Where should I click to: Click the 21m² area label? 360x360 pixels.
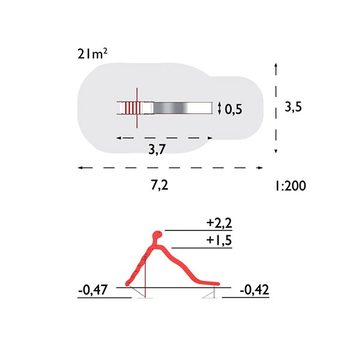pyautogui.click(x=92, y=54)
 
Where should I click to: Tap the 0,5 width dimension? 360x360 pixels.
pyautogui.click(x=233, y=109)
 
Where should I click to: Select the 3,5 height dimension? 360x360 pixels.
pyautogui.click(x=293, y=107)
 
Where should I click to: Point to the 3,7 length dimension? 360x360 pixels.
pyautogui.click(x=157, y=149)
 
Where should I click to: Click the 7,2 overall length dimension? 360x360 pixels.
pyautogui.click(x=160, y=185)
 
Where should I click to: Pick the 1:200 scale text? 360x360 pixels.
pyautogui.click(x=290, y=186)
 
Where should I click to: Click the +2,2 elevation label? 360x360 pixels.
pyautogui.click(x=219, y=223)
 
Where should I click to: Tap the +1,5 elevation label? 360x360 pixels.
pyautogui.click(x=219, y=241)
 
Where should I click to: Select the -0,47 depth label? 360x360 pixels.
pyautogui.click(x=93, y=290)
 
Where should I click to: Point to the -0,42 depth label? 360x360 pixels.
pyautogui.click(x=254, y=290)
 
